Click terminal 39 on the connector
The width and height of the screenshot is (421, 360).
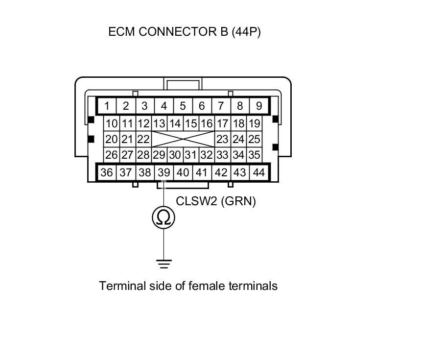pyautogui.click(x=164, y=172)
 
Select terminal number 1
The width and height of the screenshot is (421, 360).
pyautogui.click(x=107, y=106)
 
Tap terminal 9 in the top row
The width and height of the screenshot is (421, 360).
pyautogui.click(x=258, y=106)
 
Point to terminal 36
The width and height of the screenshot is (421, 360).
pyautogui.click(x=106, y=172)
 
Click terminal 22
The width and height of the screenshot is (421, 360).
pyautogui.click(x=143, y=140)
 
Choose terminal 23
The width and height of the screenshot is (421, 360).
pyautogui.click(x=222, y=140)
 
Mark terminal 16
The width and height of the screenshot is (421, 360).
pyautogui.click(x=207, y=123)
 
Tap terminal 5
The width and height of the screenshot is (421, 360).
pyautogui.click(x=183, y=106)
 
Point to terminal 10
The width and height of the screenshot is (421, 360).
pyautogui.click(x=112, y=123)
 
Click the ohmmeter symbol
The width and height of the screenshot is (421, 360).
pyautogui.click(x=164, y=217)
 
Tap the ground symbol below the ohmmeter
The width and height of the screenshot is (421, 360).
pyautogui.click(x=164, y=264)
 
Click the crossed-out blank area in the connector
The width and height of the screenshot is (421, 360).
pyautogui.click(x=183, y=140)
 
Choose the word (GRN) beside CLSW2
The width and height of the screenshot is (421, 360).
pyautogui.click(x=238, y=201)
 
